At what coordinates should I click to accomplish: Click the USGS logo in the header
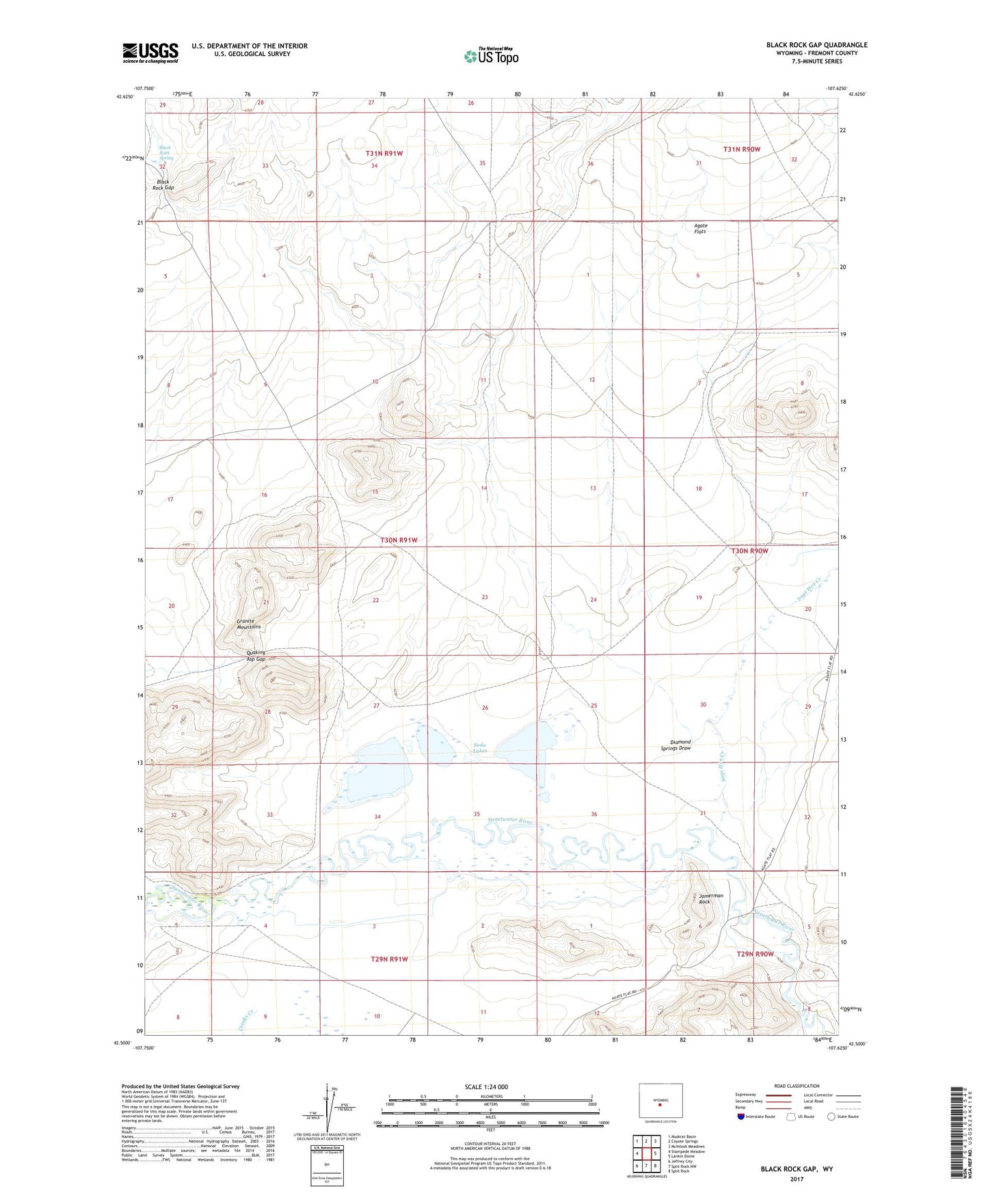click(150, 52)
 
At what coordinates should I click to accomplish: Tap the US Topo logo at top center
click(491, 55)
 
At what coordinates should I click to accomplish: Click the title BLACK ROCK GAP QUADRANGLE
click(816, 45)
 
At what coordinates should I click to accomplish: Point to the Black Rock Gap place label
click(165, 184)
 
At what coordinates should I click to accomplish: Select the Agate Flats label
click(700, 228)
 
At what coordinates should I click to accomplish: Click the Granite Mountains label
click(249, 624)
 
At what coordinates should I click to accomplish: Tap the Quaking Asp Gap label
click(256, 655)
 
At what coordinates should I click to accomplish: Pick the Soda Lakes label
click(480, 748)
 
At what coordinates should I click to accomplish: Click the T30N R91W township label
click(399, 540)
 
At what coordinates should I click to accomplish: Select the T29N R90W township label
click(755, 954)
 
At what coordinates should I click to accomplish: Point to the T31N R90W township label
click(742, 149)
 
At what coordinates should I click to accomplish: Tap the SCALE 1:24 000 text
click(486, 1086)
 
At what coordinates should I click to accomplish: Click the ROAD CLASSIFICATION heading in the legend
click(797, 1086)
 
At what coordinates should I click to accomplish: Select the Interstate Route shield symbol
click(742, 1116)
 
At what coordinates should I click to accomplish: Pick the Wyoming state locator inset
click(660, 1101)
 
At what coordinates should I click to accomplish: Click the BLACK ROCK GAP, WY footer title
click(797, 1169)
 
